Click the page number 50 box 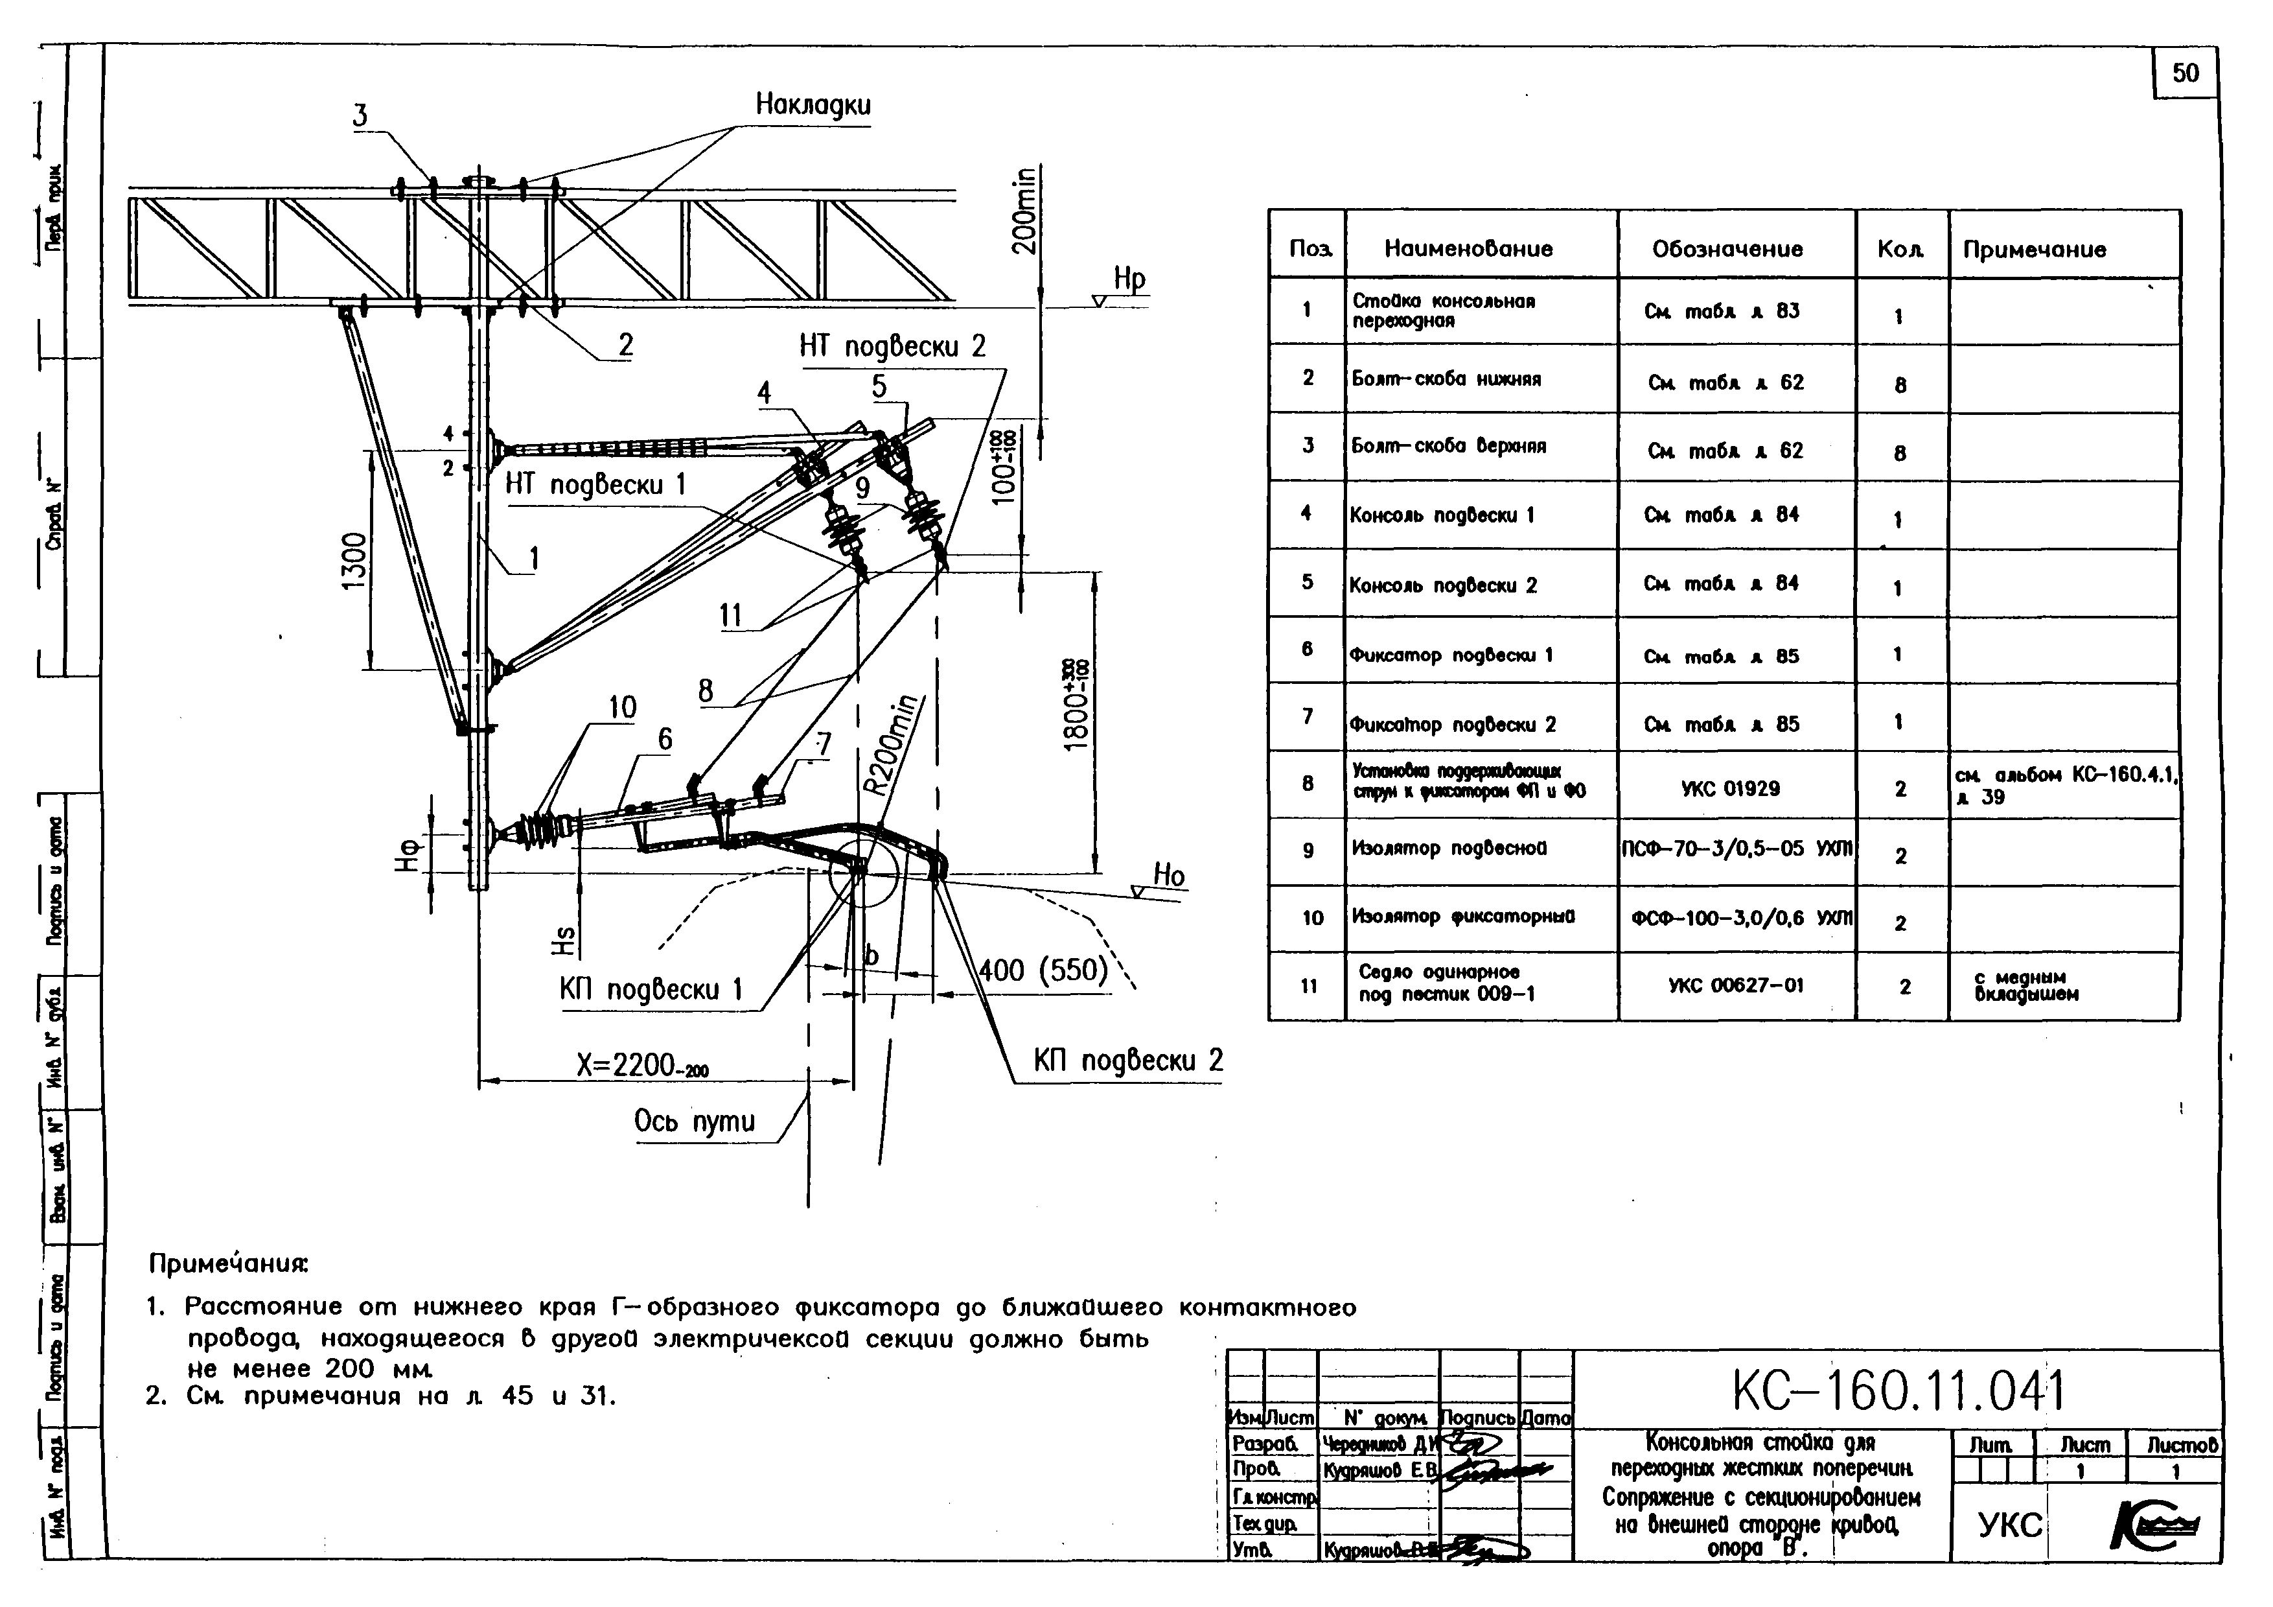pos(2185,73)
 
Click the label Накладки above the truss pos(813,105)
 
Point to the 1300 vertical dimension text pos(354,561)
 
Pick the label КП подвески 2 pos(1127,1061)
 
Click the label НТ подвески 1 pos(595,484)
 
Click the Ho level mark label pos(1169,874)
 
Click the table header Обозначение pos(1727,248)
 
